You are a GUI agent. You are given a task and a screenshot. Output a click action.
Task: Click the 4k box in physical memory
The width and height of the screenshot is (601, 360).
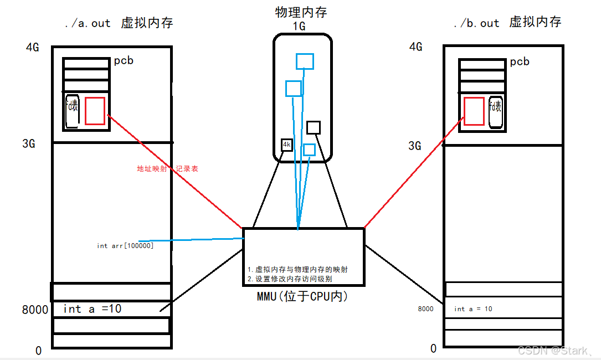286,145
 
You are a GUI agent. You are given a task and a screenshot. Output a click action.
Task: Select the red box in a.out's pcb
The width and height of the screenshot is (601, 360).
95,111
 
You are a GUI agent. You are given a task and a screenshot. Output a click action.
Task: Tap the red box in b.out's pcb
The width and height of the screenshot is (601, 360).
474,111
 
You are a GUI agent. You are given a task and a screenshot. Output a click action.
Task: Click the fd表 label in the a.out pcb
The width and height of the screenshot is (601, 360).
73,107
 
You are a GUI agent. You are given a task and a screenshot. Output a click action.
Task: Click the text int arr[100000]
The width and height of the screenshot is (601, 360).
125,245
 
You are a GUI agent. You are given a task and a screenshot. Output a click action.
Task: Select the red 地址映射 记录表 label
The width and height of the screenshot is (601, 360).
167,168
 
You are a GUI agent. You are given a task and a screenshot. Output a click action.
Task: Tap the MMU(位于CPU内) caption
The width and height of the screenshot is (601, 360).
302,296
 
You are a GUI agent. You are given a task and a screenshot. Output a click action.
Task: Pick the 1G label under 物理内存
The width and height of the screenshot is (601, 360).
300,25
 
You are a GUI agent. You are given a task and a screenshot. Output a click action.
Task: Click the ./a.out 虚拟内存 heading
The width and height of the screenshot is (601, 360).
119,23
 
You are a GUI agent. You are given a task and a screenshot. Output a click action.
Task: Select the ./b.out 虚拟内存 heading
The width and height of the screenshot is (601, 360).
507,23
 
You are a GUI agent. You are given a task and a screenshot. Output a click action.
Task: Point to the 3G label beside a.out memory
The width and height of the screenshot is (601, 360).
28,144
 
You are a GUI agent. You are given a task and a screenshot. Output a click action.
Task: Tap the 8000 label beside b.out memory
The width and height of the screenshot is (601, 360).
426,309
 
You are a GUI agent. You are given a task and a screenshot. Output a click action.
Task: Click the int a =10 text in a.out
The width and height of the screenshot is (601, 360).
93,309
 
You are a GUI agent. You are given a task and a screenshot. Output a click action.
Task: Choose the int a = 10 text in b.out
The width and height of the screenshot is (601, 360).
472,309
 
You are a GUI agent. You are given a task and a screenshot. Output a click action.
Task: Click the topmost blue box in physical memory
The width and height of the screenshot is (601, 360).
305,61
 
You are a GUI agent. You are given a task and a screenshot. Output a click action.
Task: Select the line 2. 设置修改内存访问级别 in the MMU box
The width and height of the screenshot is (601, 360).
290,279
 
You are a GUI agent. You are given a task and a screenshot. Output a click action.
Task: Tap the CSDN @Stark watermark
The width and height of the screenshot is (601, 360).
555,350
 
